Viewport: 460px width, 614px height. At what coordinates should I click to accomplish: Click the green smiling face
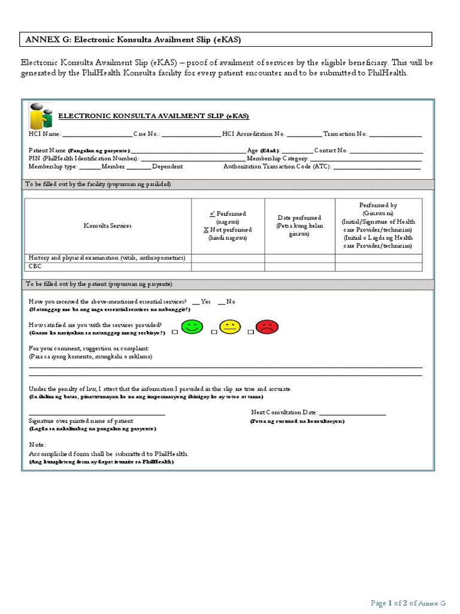coord(192,328)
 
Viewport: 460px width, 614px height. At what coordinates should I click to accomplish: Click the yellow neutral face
coord(229,328)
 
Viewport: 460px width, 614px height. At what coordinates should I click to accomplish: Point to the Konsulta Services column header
coord(107,225)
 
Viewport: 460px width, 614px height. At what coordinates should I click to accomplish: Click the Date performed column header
coord(299,225)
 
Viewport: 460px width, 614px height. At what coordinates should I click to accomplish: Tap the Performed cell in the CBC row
coord(228,266)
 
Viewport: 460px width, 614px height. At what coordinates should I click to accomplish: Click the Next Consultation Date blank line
coord(353,413)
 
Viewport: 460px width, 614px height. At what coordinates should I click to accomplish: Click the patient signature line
coord(96,414)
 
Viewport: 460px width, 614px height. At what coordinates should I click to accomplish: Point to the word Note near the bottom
coord(37,444)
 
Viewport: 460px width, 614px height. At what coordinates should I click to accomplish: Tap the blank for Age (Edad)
coord(296,151)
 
